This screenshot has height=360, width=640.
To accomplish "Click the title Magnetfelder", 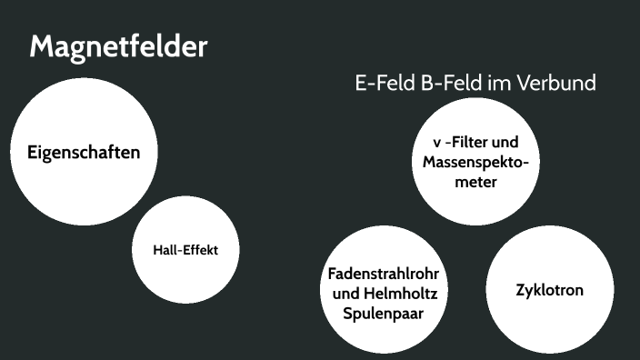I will coord(119,46).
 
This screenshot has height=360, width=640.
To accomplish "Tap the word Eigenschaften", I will coord(84,152).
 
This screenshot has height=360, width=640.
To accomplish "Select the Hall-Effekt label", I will coord(186,248).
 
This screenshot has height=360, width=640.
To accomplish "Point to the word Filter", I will coord(474,144).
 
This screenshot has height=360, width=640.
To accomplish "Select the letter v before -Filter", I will coord(437,144).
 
